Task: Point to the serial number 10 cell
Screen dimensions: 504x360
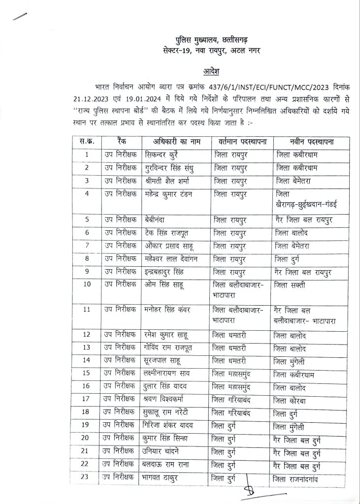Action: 87,284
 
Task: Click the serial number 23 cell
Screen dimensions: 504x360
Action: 87,477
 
